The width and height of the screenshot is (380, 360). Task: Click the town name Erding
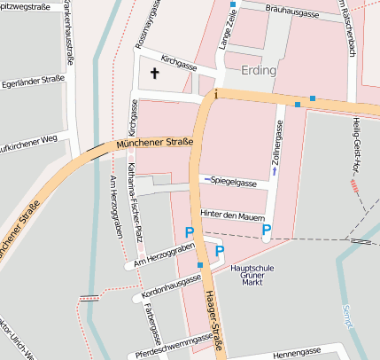pos(259,70)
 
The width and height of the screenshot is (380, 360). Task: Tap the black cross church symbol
pos(156,74)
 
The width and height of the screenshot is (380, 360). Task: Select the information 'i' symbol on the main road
pos(215,91)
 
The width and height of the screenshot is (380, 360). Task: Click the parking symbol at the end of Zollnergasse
pos(266,232)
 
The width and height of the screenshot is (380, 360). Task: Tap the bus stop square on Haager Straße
pos(201,264)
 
